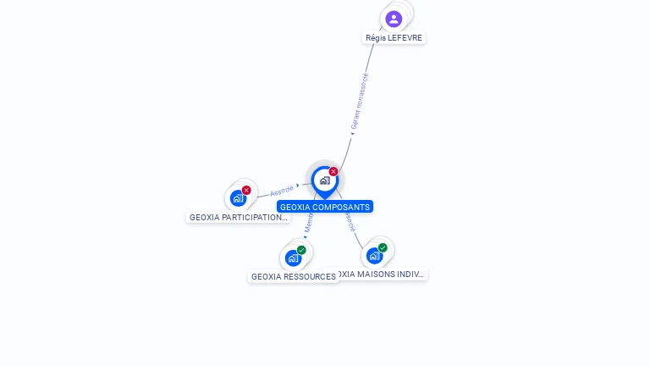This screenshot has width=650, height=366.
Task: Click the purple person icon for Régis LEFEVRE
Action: point(394,19)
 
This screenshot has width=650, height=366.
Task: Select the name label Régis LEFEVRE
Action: point(394,38)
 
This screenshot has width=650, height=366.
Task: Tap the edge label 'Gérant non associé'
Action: point(361,99)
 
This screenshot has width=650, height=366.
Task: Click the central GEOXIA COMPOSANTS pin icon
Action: point(324,180)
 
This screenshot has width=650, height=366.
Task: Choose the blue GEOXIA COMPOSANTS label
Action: point(324,207)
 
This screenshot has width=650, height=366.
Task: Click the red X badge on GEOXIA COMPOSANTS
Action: point(333,172)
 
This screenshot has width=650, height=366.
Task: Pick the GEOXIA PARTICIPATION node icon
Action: point(238,198)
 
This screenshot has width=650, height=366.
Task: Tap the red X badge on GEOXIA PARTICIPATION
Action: point(246,190)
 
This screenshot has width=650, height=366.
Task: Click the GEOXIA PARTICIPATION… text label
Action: point(238,218)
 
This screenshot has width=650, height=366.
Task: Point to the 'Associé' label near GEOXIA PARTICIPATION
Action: point(282,191)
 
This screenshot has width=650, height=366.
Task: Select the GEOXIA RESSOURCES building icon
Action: point(293,258)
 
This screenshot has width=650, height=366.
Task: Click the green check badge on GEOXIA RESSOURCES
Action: point(301,250)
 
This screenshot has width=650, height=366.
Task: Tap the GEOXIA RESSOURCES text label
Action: point(293,277)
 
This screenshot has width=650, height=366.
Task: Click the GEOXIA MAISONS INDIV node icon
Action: point(374,255)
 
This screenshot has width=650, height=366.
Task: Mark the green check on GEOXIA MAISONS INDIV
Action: point(383,247)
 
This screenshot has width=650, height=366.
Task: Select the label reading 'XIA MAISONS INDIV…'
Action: point(381,274)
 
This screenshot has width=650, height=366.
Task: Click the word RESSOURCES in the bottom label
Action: point(311,277)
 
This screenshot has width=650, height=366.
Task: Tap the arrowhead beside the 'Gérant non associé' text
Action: point(352,132)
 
